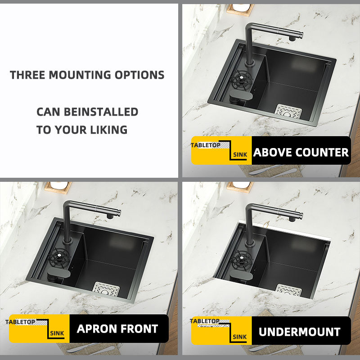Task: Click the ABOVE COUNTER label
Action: (301, 152)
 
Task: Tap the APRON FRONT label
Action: (117, 328)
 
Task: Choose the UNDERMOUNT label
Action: (299, 332)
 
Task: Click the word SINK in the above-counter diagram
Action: (240, 155)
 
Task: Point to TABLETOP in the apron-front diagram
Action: (20, 322)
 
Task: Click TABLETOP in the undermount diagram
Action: (205, 321)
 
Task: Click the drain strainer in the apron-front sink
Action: (106, 289)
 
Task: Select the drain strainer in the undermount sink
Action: (288, 290)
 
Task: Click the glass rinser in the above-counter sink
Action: (242, 80)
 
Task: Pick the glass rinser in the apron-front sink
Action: (59, 258)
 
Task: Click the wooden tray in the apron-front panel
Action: (58, 188)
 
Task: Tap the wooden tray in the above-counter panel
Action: (240, 9)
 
